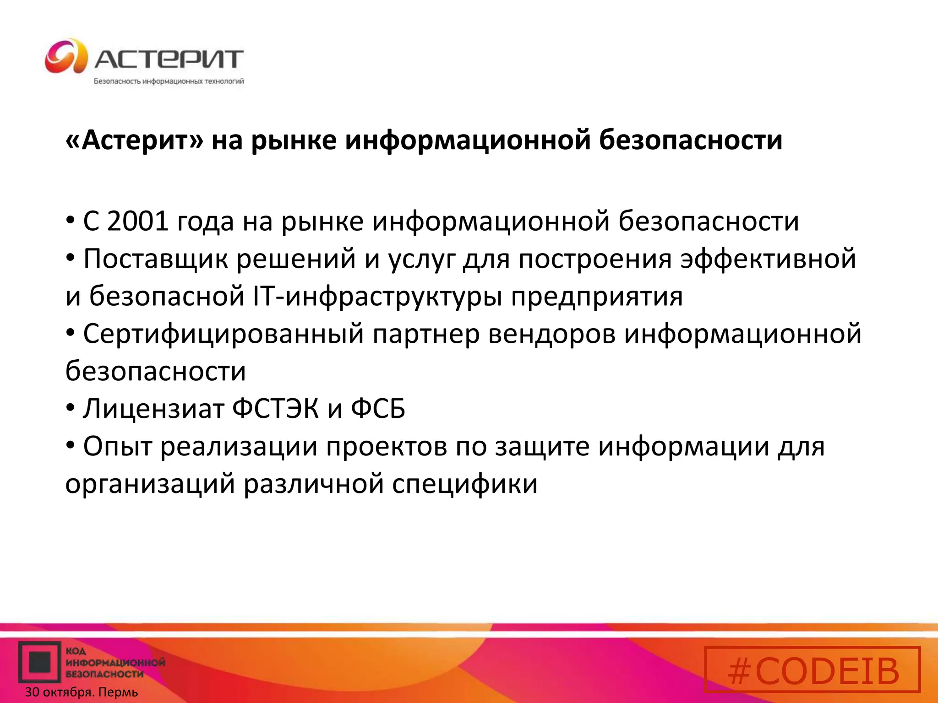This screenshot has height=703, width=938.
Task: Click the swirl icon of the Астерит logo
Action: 66,56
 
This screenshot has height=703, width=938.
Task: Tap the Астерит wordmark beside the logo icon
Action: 169,59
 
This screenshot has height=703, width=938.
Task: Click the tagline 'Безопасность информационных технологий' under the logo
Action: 169,81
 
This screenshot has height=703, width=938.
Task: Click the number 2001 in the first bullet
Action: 137,221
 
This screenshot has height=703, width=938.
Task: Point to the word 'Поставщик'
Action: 155,259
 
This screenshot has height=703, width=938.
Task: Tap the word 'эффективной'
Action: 768,259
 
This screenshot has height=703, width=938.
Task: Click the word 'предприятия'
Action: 597,297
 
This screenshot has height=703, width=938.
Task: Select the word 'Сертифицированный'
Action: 223,334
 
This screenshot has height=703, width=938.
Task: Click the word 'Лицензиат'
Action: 153,408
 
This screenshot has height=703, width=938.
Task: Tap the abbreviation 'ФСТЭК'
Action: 275,408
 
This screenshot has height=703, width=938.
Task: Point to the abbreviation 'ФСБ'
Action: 378,408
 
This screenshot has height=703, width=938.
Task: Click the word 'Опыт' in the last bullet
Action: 117,446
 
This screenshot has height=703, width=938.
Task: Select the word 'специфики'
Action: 464,484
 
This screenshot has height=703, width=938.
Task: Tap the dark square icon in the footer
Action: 40,662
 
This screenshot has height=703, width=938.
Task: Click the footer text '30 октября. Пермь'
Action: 82,692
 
